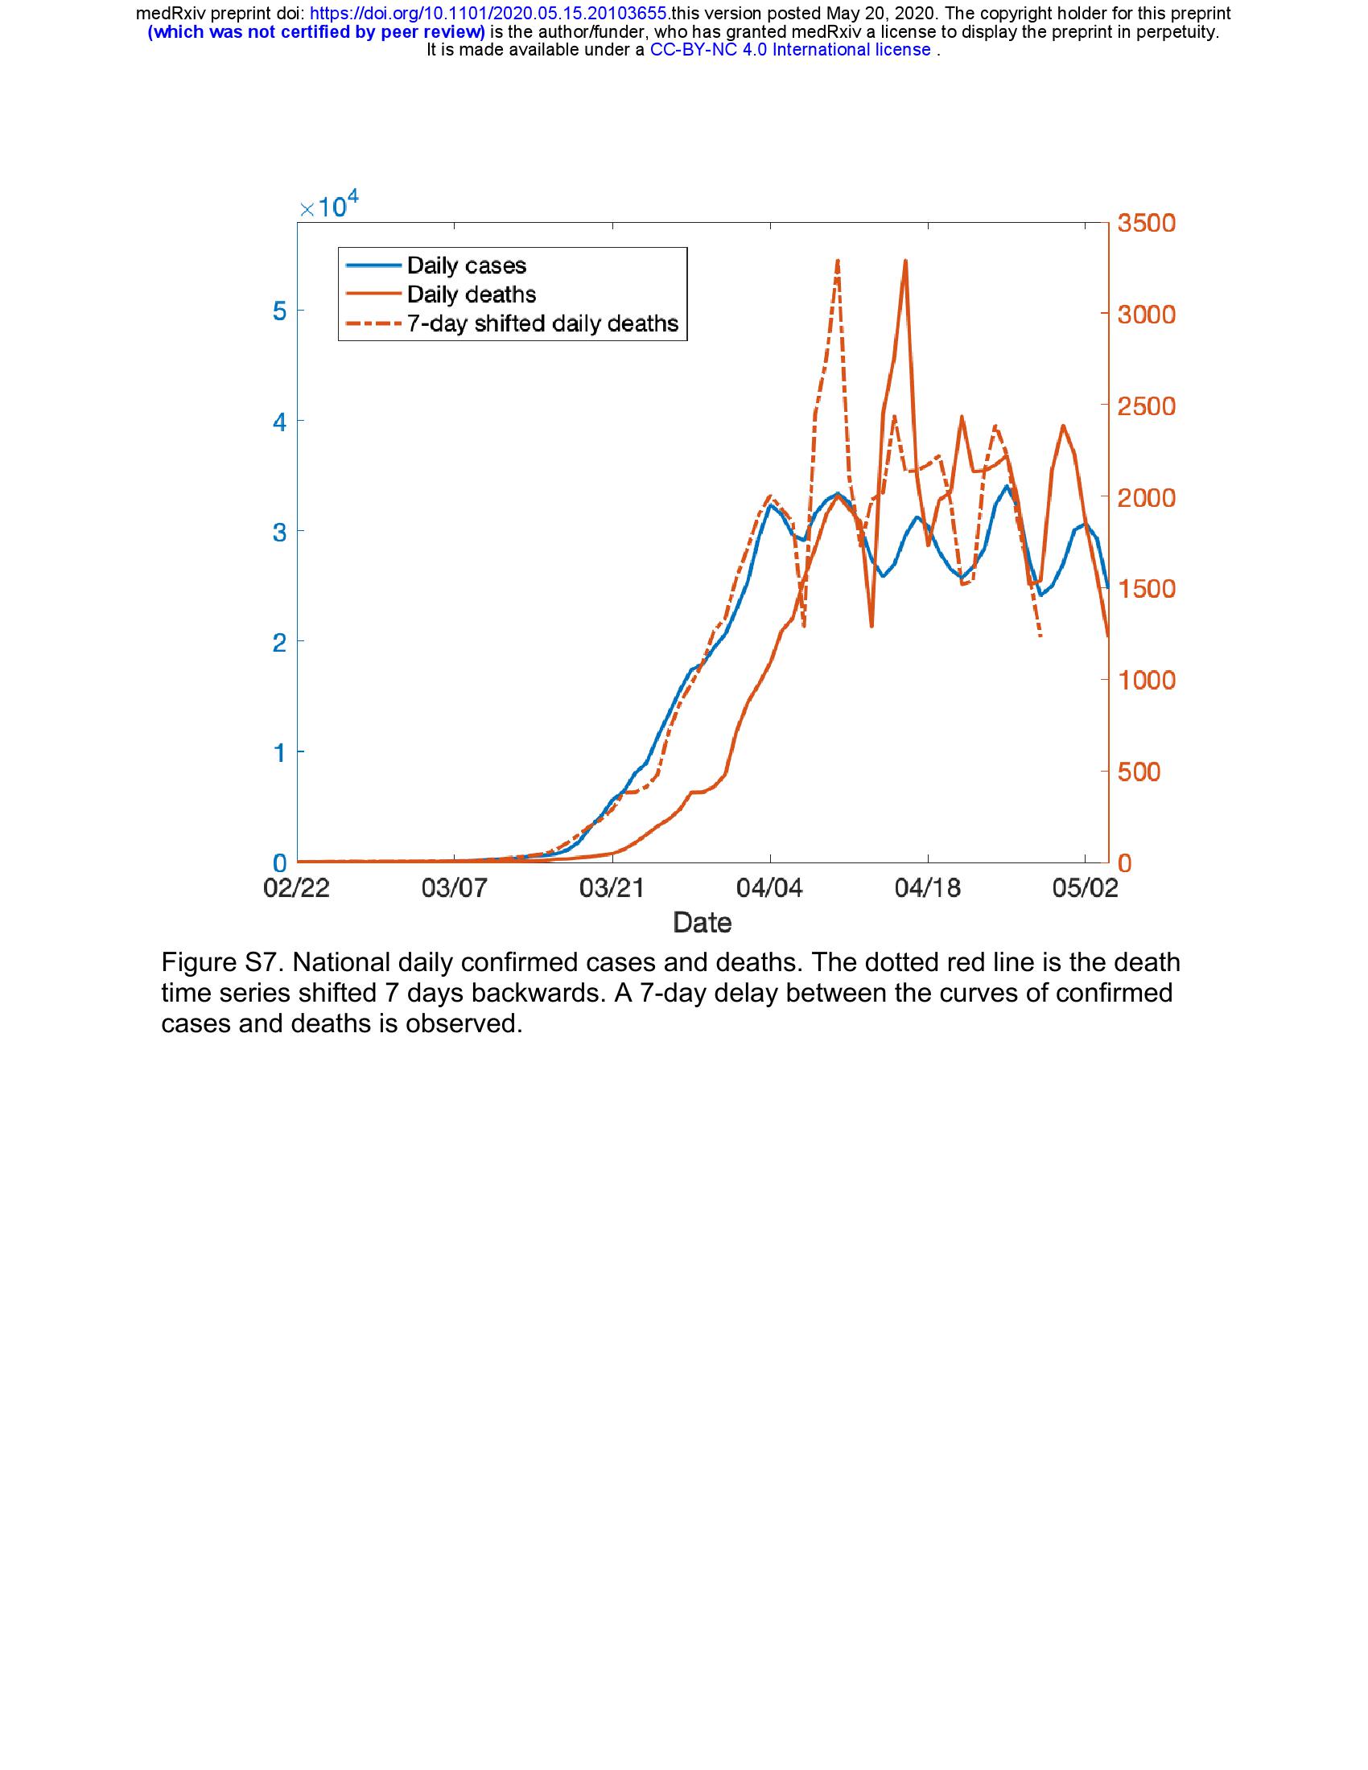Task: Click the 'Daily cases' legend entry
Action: [466, 265]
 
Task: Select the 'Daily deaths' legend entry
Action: [471, 294]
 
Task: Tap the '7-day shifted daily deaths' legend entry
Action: [542, 323]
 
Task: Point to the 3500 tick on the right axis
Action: [1146, 223]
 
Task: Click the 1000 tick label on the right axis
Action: [1146, 680]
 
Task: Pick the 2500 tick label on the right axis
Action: [1146, 406]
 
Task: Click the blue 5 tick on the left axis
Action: [278, 311]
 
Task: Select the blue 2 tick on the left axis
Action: [278, 643]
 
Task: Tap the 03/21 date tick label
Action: [612, 887]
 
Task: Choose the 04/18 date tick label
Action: [927, 887]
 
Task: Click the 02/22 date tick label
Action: [297, 887]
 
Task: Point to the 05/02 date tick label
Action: [1086, 887]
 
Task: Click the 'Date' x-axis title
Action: [702, 922]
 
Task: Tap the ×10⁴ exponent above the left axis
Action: [328, 207]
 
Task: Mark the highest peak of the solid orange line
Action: [905, 261]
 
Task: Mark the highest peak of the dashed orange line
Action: [837, 261]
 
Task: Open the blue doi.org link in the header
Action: [488, 14]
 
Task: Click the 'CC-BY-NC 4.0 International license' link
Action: [790, 49]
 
